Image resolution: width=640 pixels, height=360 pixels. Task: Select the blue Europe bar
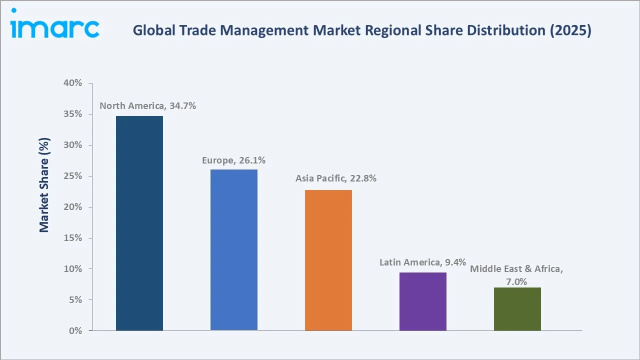click(x=233, y=250)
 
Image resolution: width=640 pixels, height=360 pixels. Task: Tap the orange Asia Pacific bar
click(x=328, y=260)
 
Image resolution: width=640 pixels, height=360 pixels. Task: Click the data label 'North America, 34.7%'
click(x=147, y=106)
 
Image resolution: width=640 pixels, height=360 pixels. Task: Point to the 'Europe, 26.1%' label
click(x=233, y=160)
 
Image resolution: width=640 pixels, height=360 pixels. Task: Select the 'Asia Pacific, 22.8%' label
click(x=335, y=178)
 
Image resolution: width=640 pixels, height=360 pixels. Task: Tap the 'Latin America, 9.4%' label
click(x=422, y=262)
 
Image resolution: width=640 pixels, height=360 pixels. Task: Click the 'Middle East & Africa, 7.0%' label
click(x=516, y=275)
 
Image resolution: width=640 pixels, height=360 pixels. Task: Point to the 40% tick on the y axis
click(x=73, y=83)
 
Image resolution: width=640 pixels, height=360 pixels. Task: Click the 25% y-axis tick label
click(x=73, y=176)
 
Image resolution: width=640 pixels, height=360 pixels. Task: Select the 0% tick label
click(x=75, y=331)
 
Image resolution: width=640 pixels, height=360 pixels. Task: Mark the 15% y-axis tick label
click(x=73, y=238)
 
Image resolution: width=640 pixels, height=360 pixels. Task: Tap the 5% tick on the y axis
click(x=75, y=300)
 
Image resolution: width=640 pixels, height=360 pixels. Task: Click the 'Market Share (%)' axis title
click(x=44, y=185)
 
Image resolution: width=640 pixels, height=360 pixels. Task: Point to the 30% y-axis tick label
click(x=73, y=145)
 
